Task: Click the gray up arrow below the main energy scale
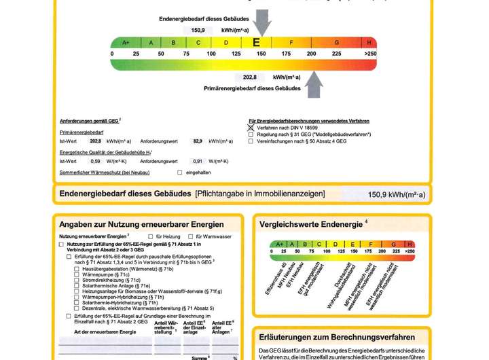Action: (313, 85)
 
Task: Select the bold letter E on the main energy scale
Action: (256, 42)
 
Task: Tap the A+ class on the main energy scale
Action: (126, 43)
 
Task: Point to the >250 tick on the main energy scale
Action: (370, 53)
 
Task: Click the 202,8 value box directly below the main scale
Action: (250, 77)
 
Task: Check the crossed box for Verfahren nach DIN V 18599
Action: (251, 127)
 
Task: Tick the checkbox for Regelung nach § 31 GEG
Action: (251, 134)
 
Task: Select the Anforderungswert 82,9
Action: (198, 141)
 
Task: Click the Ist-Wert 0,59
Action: (96, 161)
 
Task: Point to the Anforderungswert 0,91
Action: (198, 161)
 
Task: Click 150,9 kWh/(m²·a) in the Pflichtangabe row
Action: (397, 195)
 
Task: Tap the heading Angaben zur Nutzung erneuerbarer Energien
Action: (141, 224)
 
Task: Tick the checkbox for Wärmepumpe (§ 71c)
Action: (77, 274)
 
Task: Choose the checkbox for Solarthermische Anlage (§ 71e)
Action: (77, 286)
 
